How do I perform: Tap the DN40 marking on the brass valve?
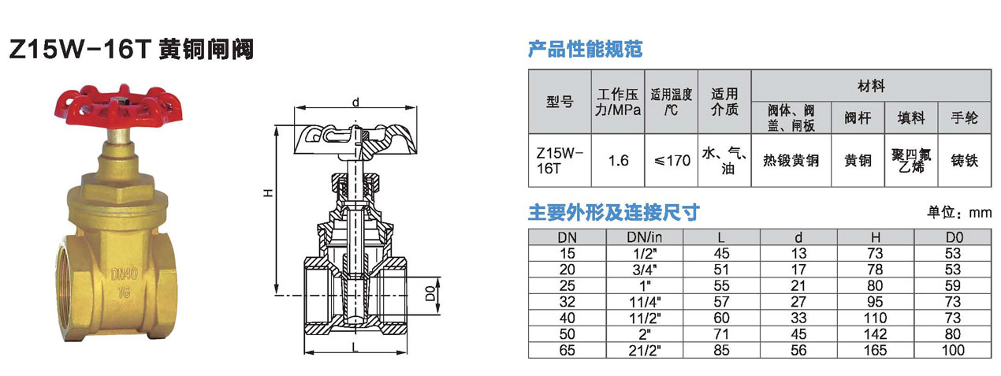[x=125, y=274]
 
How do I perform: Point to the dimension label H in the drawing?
[x=268, y=192]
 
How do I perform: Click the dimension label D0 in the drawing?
[x=430, y=293]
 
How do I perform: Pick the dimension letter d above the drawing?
[x=355, y=102]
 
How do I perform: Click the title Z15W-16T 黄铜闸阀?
[x=132, y=49]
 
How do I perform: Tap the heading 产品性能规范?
[x=586, y=49]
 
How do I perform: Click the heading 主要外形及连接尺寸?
[x=613, y=212]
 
